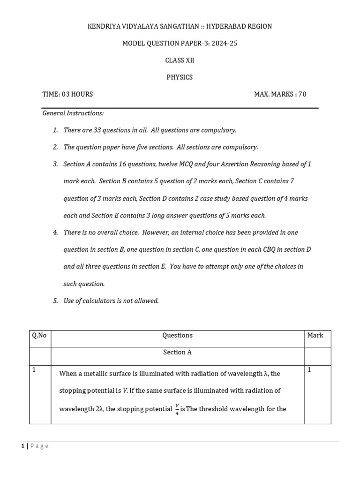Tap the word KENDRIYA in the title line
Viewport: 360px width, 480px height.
104,26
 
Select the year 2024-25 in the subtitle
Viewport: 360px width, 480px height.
224,43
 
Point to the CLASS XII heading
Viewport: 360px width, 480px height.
180,60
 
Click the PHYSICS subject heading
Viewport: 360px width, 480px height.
180,77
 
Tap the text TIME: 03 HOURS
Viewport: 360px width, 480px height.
67,94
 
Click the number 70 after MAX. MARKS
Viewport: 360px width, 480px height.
302,94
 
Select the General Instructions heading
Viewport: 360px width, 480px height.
73,113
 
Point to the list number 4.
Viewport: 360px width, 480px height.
55,232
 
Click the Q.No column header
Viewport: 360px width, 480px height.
39,335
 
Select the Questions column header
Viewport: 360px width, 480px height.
177,335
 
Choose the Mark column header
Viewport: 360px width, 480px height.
315,335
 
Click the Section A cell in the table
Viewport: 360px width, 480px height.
177,352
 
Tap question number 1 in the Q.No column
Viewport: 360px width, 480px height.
34,370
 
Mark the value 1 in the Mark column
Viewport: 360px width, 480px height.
309,370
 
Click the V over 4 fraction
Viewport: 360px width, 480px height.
177,409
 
